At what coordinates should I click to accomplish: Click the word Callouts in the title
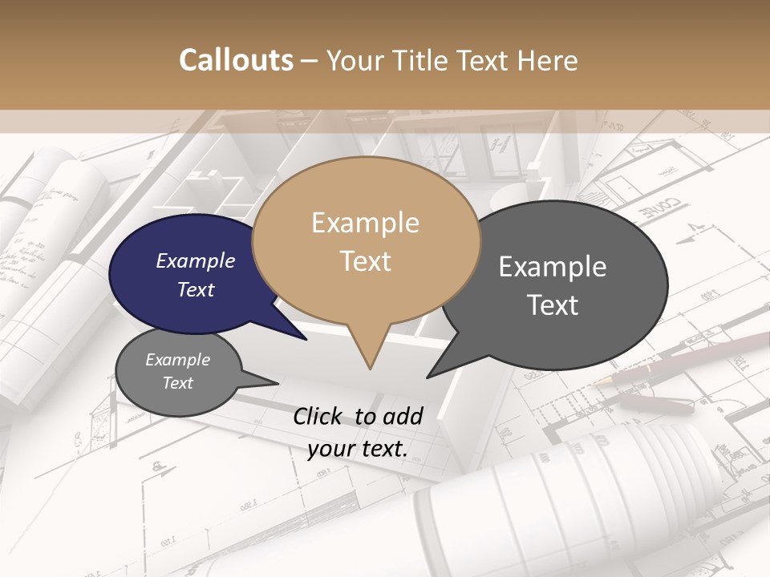pos(236,60)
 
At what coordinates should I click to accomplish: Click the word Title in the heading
pos(423,60)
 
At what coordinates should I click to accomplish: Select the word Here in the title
pos(545,60)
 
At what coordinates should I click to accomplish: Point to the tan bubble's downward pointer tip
pos(370,367)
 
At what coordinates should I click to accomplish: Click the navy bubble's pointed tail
pos(303,337)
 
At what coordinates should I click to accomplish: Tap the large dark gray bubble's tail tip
pos(429,376)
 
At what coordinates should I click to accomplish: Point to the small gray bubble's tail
pos(273,382)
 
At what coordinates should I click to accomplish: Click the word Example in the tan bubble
pos(365,222)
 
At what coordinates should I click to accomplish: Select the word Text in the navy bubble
pos(196,289)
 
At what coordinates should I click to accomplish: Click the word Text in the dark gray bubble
pos(553,305)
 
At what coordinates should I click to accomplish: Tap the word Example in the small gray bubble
pos(177,360)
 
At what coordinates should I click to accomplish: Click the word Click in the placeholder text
pos(318,416)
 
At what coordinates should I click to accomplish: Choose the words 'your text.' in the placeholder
pos(358,448)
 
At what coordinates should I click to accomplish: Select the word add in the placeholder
pos(403,416)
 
